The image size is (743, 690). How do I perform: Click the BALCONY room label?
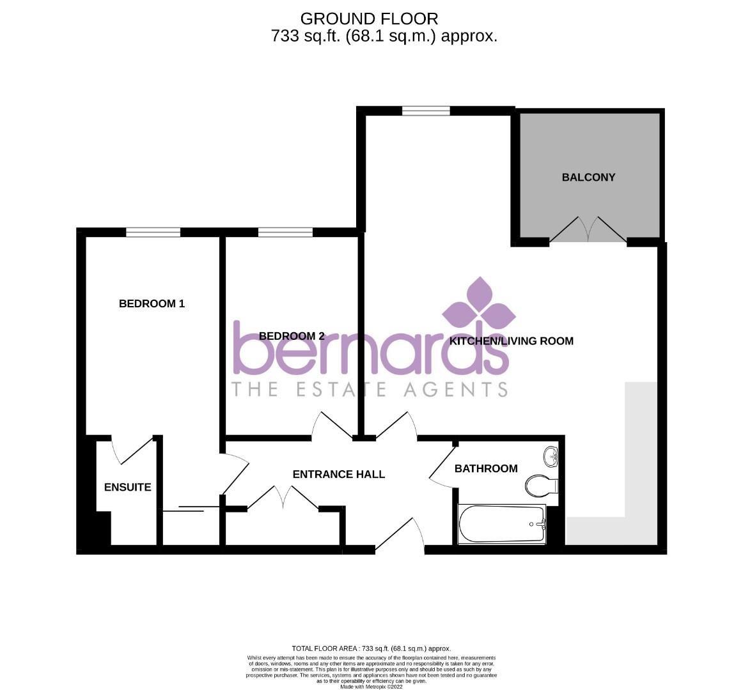tap(588, 177)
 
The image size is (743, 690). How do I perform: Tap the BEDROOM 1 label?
tap(152, 303)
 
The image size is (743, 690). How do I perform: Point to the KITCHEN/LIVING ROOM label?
tap(511, 341)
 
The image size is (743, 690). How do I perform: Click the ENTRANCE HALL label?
tap(338, 474)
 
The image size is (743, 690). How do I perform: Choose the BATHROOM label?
tap(486, 468)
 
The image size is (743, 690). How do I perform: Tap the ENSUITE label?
tap(128, 487)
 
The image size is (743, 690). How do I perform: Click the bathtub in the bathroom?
tap(502, 525)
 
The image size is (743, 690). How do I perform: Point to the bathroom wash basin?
tap(551, 456)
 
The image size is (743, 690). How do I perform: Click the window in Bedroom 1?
tap(153, 233)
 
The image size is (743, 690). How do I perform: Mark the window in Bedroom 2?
tap(285, 233)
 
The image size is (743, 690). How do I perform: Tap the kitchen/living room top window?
tap(426, 111)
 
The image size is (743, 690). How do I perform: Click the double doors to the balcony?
tap(588, 230)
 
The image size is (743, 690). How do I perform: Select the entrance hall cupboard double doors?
tap(283, 498)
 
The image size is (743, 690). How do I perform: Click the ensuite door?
tap(131, 450)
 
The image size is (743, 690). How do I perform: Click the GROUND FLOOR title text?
tap(370, 19)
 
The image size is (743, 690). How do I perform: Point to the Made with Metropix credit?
tap(371, 687)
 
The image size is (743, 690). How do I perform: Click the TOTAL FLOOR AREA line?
tap(371, 648)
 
